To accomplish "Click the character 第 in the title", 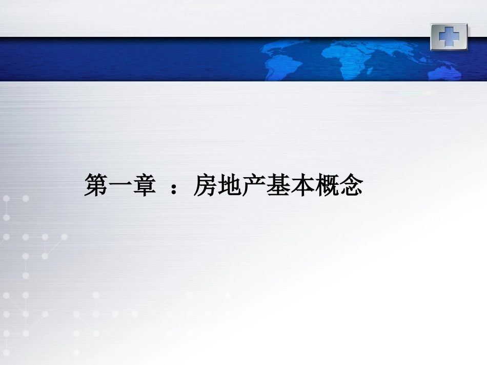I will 96,185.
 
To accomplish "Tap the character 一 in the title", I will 120,185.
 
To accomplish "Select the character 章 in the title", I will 144,185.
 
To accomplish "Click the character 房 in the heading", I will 205,185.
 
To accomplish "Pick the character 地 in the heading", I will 229,185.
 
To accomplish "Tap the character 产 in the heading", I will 253,185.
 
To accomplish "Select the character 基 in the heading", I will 277,185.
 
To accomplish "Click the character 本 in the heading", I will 301,185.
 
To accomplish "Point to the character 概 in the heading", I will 326,185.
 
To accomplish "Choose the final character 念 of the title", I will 351,185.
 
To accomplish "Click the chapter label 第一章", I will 120,185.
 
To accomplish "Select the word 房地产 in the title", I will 229,185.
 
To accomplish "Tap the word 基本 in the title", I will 290,185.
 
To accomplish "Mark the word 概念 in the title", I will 338,185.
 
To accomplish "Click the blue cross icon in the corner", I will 449,36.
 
